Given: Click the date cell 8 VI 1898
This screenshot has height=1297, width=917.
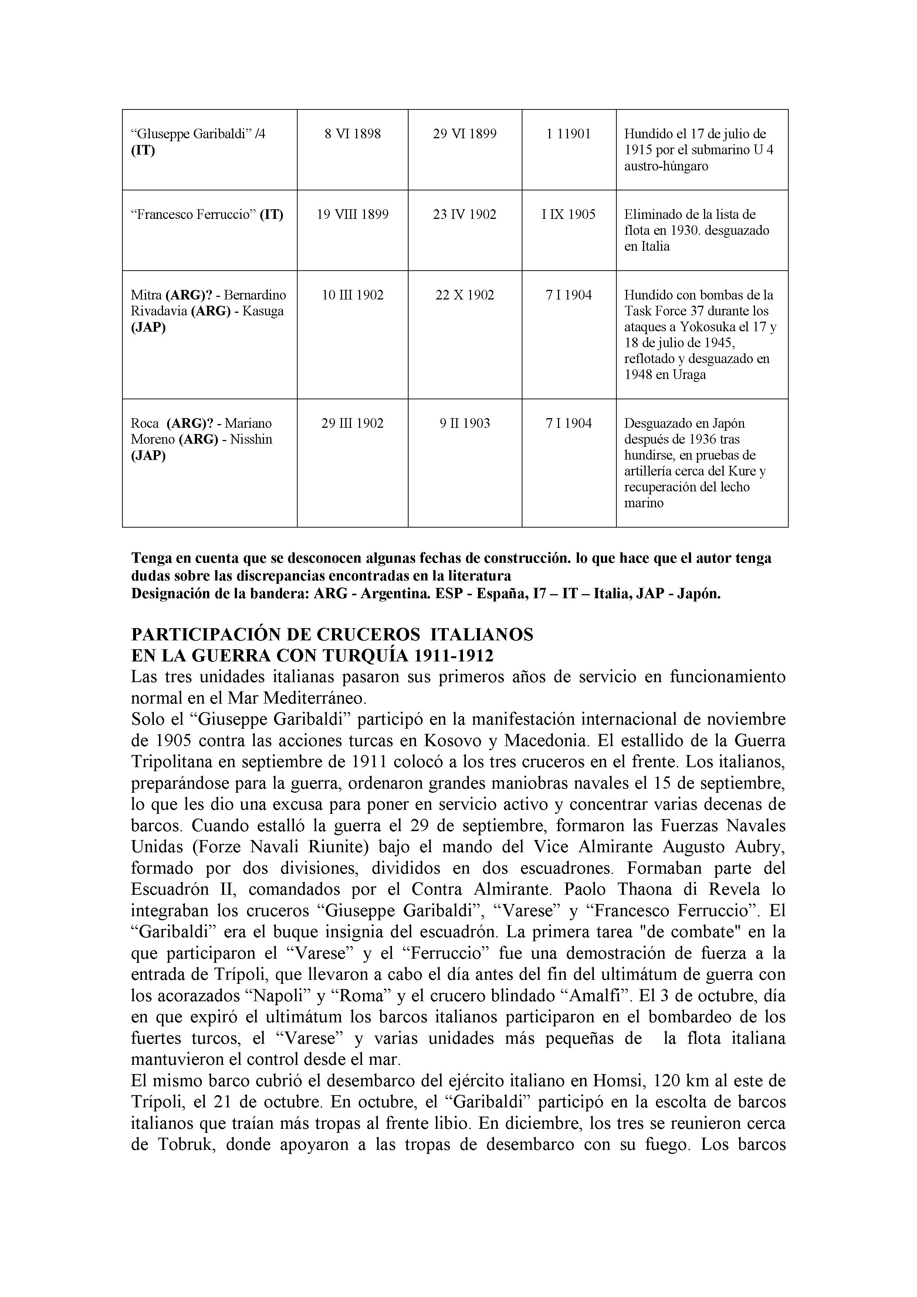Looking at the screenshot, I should [x=352, y=134].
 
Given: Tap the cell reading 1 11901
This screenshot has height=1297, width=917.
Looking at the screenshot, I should [x=568, y=134].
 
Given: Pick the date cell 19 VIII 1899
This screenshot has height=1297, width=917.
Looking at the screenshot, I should [x=352, y=215].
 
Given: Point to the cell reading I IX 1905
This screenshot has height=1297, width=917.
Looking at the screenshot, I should [x=568, y=215].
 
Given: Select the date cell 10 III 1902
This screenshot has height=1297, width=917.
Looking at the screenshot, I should [x=352, y=295].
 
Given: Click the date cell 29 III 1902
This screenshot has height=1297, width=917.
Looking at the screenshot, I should [x=352, y=423].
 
